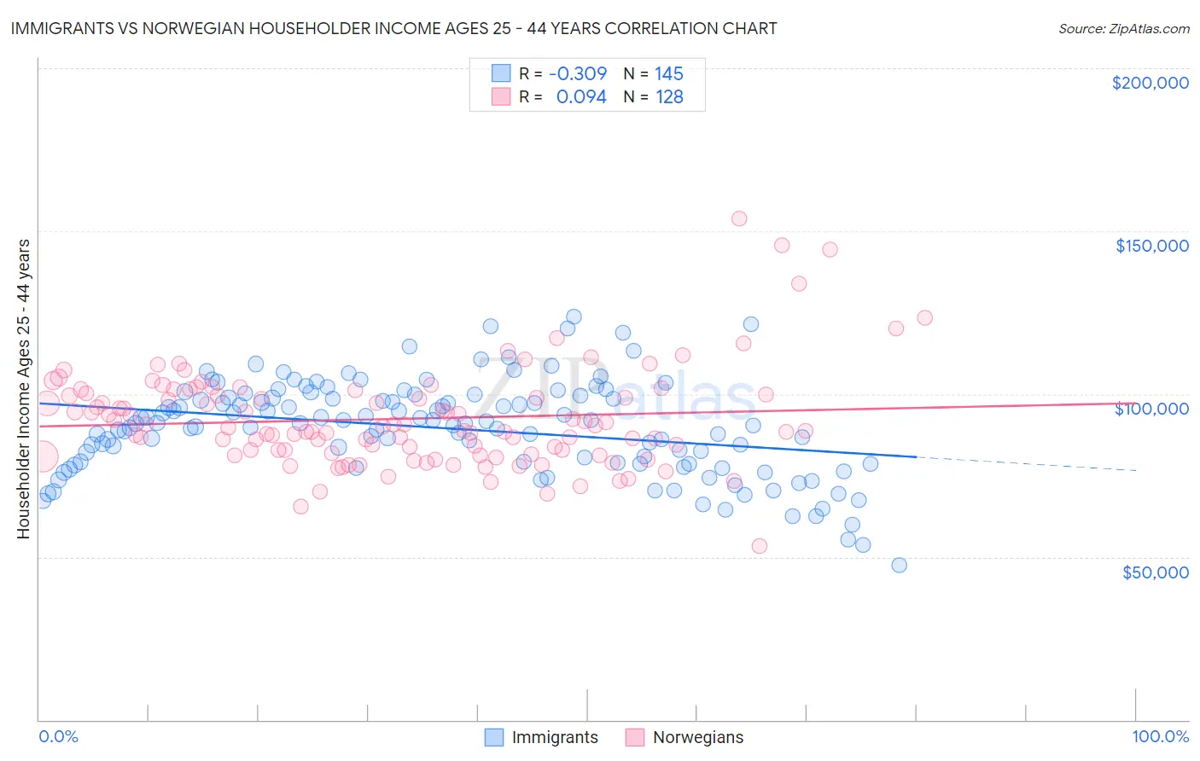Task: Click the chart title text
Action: coord(393,28)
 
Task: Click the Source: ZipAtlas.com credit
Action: coord(1123,28)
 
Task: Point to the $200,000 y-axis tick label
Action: coord(1150,83)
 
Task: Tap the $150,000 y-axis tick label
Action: coord(1151,246)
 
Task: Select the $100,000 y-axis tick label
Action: coord(1151,409)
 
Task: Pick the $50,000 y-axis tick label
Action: coord(1155,572)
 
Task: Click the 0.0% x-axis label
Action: coord(59,736)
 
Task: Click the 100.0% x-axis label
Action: coord(1160,736)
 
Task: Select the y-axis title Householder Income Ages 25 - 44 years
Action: coord(24,389)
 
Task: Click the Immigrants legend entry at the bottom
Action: coord(541,737)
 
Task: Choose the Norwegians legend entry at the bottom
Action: coord(684,737)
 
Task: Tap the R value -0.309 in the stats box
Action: coord(578,74)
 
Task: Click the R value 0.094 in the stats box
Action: coord(580,97)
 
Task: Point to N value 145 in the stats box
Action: coord(669,74)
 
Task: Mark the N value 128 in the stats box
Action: coord(669,97)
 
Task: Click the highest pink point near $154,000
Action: coord(739,218)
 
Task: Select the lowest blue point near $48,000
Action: coord(899,565)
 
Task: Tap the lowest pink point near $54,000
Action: coord(760,546)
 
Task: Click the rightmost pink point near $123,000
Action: coord(924,317)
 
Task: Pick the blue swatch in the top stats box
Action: coord(500,74)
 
